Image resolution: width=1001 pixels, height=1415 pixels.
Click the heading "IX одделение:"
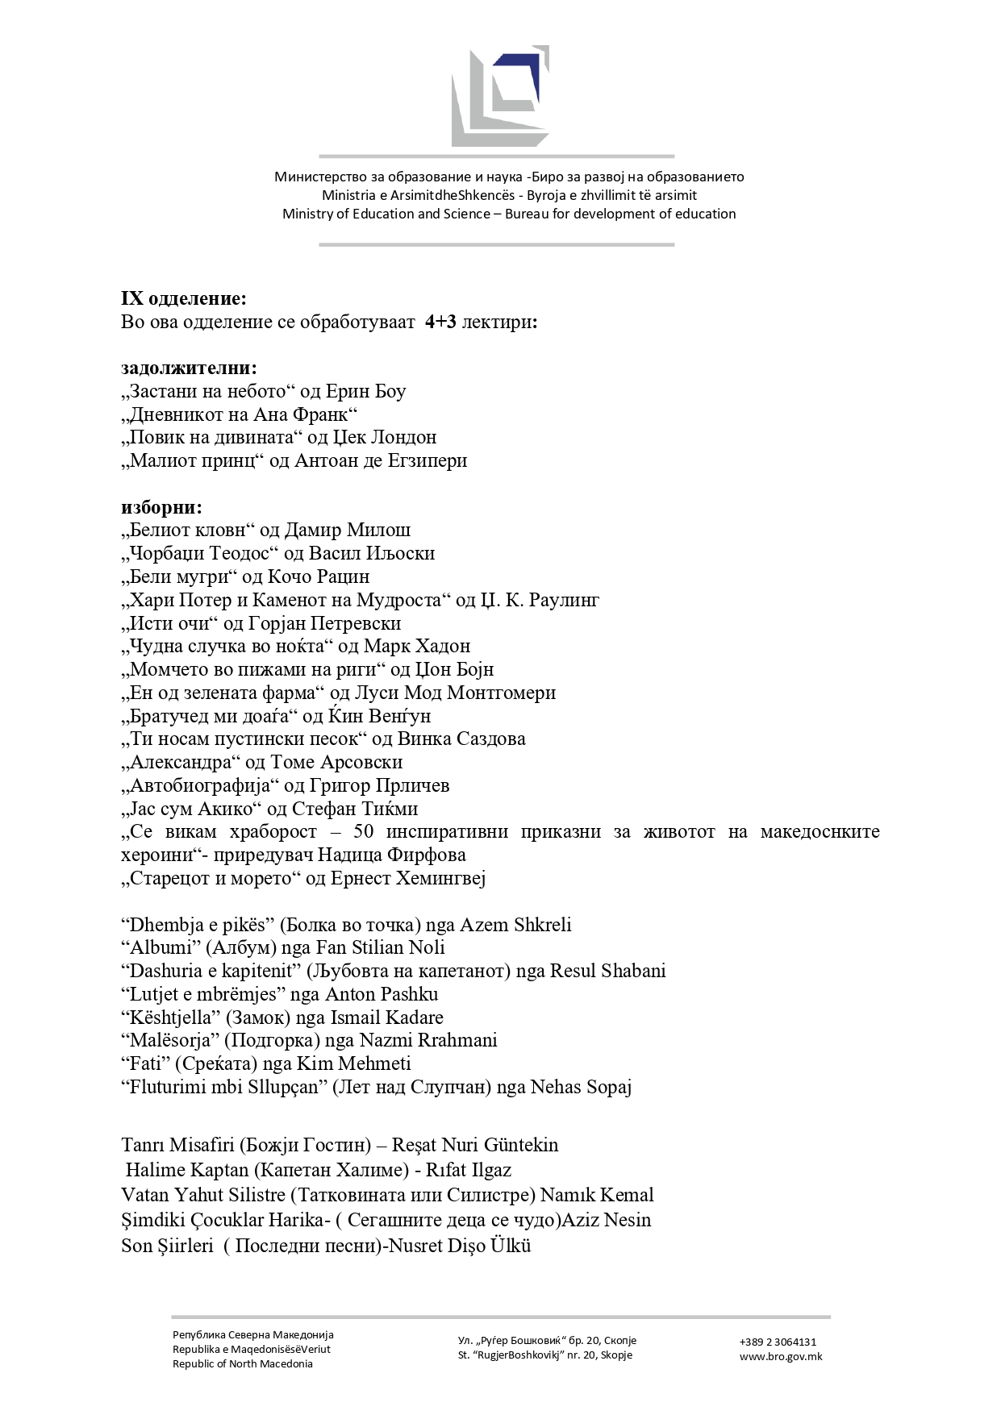point(184,299)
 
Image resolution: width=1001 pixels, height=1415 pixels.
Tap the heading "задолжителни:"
point(190,368)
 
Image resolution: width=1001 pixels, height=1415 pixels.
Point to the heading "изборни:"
point(162,508)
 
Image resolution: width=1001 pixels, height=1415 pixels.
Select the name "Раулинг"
point(564,601)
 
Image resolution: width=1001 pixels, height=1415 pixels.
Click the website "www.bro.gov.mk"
point(780,1357)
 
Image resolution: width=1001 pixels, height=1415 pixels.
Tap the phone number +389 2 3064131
point(778,1342)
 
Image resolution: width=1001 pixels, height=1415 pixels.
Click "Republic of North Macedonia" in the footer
point(243,1364)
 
